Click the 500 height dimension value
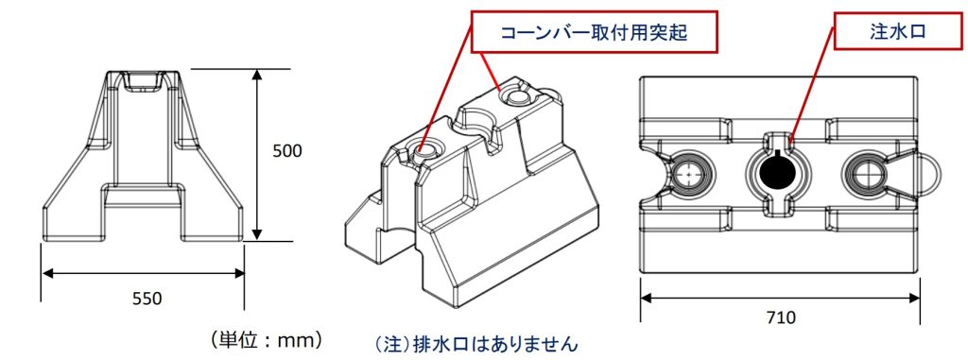click(287, 151)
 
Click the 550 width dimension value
click(147, 299)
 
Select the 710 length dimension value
click(781, 318)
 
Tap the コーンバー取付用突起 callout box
click(595, 31)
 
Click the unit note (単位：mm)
click(266, 339)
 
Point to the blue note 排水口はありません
click(476, 343)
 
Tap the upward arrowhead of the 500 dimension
click(257, 76)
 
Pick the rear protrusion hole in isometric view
click(518, 94)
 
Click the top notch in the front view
click(144, 82)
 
